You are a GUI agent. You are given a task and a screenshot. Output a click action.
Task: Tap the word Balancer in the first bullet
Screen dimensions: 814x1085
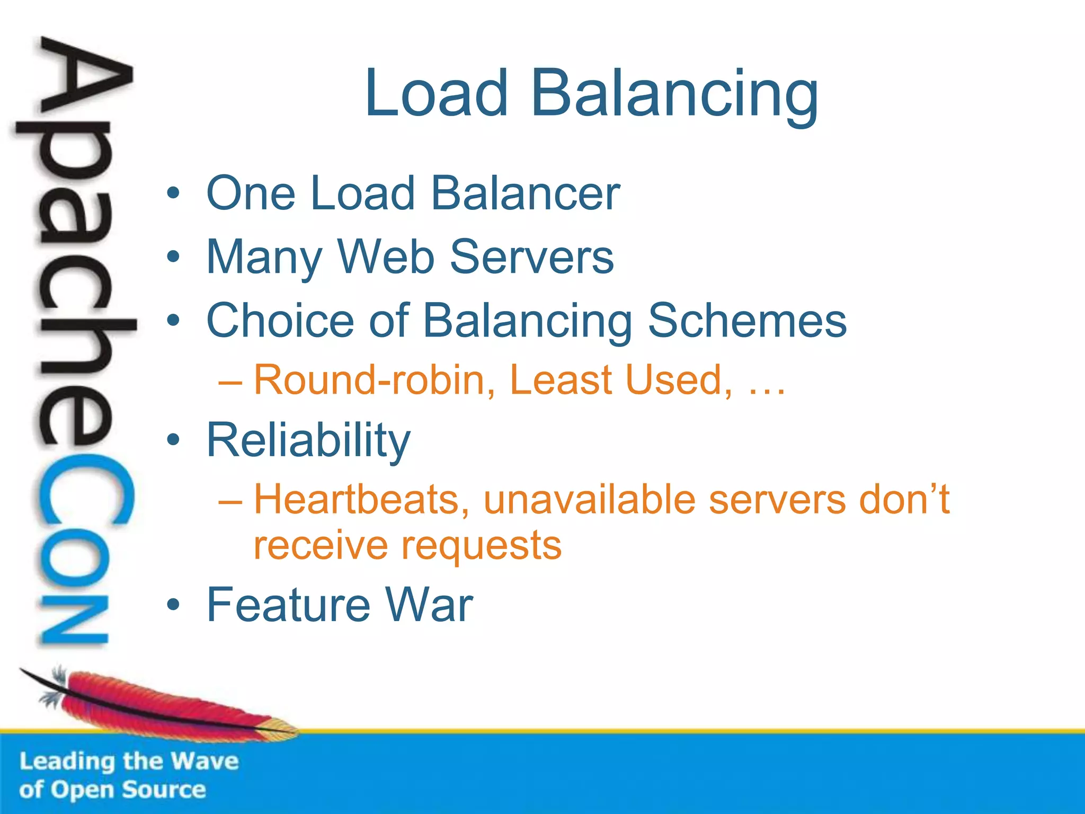click(525, 193)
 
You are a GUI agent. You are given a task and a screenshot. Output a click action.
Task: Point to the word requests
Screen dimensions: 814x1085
click(481, 546)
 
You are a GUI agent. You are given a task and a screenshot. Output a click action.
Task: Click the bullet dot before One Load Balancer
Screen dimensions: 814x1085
click(173, 193)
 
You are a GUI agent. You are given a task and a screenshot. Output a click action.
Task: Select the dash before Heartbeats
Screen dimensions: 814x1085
click(230, 501)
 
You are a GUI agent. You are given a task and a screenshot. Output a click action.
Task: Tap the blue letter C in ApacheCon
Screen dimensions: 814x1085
click(85, 490)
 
